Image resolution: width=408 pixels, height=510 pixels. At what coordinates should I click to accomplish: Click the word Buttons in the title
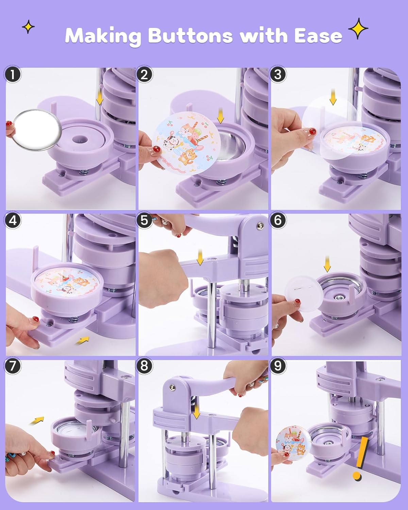pos(190,36)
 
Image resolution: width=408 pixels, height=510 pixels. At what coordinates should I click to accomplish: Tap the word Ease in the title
pos(318,36)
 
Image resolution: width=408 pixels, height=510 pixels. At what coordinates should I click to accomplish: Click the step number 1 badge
pos(12,75)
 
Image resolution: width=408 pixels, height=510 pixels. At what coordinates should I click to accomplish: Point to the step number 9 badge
pos(278,366)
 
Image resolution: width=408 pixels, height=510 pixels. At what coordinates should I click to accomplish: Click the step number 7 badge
pos(12,366)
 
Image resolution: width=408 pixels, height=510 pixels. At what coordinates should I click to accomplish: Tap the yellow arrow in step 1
pos(100,100)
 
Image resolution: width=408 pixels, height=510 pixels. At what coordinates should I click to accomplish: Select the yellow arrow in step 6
pos(327,264)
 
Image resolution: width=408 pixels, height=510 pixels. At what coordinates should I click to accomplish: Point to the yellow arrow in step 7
pos(37,420)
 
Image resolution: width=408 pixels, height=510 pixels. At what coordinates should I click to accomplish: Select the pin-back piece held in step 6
pos(304,294)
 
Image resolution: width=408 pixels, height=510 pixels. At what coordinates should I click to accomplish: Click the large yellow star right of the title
pos(358,29)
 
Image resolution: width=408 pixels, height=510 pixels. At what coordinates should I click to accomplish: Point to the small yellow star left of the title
pos(28,27)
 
